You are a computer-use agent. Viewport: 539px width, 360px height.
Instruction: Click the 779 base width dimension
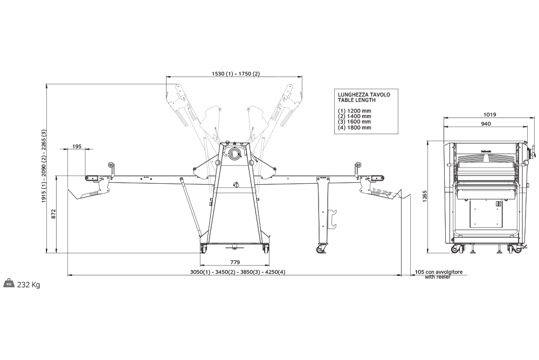tap(235, 262)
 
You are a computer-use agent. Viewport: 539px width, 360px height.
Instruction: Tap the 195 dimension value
tap(77, 147)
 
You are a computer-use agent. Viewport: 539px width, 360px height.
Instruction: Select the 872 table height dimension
tap(53, 214)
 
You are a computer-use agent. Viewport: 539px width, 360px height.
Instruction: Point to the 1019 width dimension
tap(489, 115)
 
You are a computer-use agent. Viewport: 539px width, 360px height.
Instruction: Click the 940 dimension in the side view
tap(486, 124)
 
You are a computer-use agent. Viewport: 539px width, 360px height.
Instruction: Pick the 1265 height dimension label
tap(425, 196)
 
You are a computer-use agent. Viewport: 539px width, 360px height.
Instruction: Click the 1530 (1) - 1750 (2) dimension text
tap(236, 74)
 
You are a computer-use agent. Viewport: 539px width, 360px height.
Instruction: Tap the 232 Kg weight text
tap(29, 285)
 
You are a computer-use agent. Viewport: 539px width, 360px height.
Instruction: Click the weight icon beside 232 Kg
tap(9, 283)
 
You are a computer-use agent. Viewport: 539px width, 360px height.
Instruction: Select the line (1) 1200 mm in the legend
tap(355, 110)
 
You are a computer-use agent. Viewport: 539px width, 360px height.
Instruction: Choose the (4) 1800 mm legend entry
tap(355, 128)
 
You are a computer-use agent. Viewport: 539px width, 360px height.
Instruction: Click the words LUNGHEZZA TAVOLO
tap(364, 94)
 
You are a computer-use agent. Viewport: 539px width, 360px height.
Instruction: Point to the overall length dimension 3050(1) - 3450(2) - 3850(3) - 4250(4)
tap(238, 272)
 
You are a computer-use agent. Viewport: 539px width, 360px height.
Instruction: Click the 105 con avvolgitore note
tap(438, 272)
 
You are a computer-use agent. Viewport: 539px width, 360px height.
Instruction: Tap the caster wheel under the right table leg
tap(322, 248)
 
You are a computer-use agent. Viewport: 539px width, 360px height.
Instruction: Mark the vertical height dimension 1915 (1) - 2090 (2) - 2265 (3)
tap(44, 166)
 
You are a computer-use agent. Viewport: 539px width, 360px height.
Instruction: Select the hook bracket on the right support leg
tap(333, 219)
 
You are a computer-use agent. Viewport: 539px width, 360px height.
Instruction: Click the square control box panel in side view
tap(486, 213)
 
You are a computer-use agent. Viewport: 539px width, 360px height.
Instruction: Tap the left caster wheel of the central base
tap(204, 248)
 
